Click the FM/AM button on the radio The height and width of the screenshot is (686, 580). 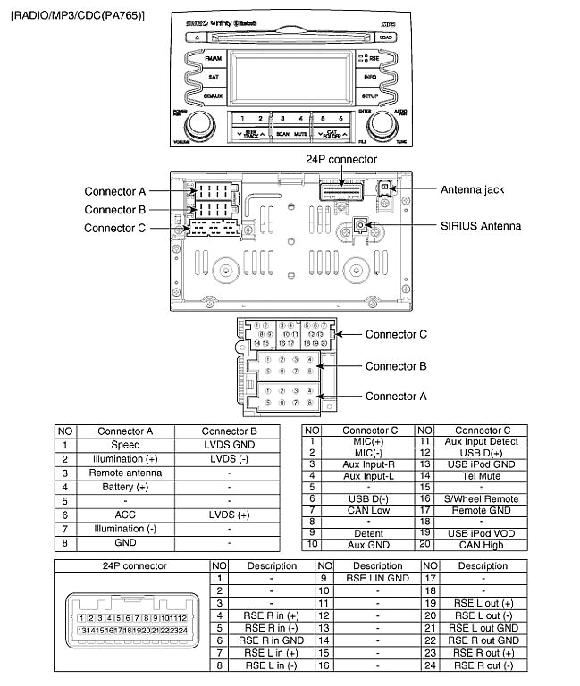[x=212, y=59]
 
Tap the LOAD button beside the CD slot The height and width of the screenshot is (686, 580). [x=386, y=38]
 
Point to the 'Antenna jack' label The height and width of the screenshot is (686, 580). [x=476, y=189]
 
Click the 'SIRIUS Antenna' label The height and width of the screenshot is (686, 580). [x=480, y=226]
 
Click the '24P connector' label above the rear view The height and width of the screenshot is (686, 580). [x=341, y=159]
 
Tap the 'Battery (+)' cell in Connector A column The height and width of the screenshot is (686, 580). [x=126, y=487]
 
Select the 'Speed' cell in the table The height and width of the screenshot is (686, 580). [x=126, y=445]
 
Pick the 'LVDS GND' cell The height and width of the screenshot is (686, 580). [x=230, y=445]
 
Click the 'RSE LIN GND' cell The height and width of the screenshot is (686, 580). [x=378, y=578]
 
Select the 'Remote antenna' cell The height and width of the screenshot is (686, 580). [x=126, y=473]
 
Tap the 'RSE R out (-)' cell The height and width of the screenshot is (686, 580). [x=483, y=665]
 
